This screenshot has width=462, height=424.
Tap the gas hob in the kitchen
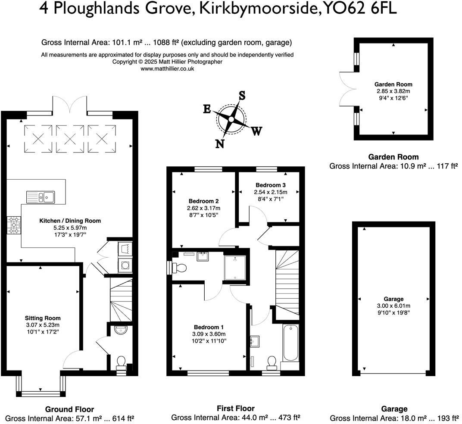14,224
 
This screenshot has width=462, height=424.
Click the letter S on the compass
242,95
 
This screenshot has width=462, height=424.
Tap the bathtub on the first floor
290,343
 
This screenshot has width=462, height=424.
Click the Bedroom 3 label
270,185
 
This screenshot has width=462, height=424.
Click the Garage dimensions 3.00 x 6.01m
393,306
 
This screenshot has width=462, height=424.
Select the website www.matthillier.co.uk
167,69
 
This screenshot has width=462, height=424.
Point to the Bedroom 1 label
209,327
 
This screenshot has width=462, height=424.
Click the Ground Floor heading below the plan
69,409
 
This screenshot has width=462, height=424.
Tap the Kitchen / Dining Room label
70,221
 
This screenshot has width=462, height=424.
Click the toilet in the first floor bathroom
272,362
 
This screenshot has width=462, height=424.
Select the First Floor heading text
235,408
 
